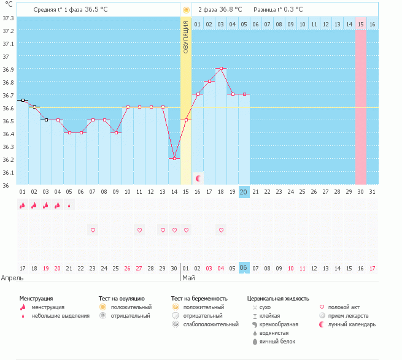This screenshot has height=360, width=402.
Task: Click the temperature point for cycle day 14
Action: pos(174,158)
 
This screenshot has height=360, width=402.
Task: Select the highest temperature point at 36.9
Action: pos(221,69)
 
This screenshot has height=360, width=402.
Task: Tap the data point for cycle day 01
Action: pos(23,100)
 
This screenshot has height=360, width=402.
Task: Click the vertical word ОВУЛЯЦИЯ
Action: pos(186,37)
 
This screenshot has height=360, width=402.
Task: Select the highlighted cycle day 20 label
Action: pos(244,192)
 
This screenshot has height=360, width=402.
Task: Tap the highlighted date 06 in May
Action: pos(244,268)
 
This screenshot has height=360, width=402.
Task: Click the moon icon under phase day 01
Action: pos(198,178)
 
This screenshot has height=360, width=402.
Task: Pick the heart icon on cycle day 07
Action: pos(93,230)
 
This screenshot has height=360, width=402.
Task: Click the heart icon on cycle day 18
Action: pos(221,230)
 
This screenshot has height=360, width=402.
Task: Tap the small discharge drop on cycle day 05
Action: pos(69,206)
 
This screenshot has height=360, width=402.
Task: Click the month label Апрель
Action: pos(12,278)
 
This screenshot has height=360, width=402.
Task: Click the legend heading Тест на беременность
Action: pos(203,298)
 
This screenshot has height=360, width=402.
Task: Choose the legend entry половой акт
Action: pos(343,307)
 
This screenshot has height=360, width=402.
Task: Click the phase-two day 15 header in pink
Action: pos(361,24)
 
